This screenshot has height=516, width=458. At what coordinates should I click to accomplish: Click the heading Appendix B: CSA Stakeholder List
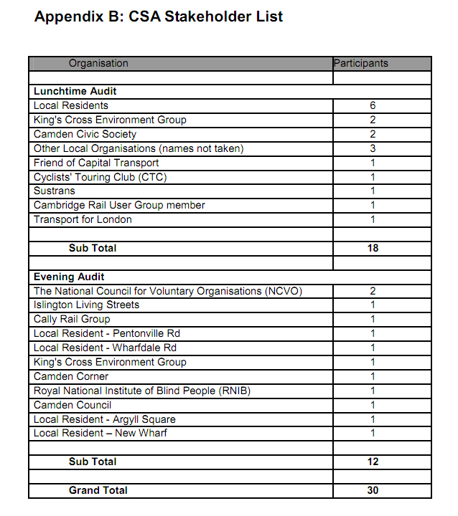coord(159,16)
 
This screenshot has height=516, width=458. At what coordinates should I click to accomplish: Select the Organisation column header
coord(98,63)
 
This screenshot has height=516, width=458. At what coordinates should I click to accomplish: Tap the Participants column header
coord(361,63)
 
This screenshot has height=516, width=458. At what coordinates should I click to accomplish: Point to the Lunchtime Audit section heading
coord(75,91)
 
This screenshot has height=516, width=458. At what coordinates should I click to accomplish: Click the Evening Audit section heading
coord(69,277)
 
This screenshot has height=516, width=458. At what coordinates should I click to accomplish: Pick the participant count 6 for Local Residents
coord(373,105)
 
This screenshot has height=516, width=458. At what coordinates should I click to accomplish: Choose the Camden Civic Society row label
coord(85,134)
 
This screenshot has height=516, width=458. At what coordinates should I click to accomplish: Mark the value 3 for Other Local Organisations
coord(373,148)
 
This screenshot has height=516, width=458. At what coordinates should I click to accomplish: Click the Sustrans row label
coord(54,191)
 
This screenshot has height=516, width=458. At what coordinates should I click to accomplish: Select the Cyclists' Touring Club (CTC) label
coord(100,177)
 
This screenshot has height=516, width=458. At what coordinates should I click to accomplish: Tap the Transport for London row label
coord(83,219)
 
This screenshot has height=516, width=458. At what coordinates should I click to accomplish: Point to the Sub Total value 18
coord(373,248)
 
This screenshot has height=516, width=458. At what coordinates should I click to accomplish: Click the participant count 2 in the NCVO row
coord(373,291)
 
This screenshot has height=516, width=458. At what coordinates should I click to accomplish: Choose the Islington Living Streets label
coord(86,305)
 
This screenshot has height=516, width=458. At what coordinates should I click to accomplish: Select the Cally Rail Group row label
coord(72,319)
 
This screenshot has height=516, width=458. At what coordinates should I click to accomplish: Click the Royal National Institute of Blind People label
coord(141,391)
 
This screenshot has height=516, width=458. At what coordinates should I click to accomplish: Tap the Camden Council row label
coord(73,405)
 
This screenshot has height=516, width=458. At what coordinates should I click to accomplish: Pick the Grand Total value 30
coord(373,490)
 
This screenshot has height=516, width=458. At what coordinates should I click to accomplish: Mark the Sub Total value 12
coord(373,462)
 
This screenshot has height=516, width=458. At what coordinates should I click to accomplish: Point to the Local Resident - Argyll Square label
coord(105,419)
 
